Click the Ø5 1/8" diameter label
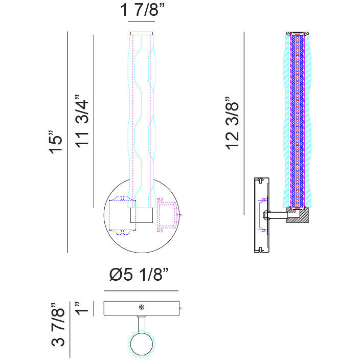(139, 275)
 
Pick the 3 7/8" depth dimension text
(59, 325)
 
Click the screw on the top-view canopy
(142, 307)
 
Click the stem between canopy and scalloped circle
(142, 324)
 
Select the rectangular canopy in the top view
(123, 308)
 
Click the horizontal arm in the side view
(278, 215)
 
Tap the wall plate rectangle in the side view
(261, 215)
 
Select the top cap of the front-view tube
(142, 33)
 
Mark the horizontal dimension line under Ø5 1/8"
(141, 290)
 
